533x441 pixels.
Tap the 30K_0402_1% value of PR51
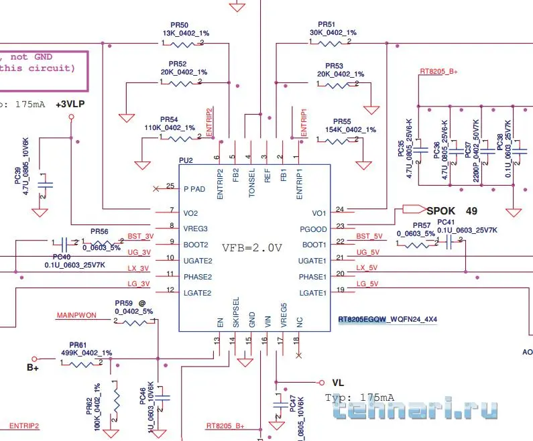333,32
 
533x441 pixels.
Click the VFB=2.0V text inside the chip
251,247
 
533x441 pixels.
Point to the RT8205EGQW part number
362,320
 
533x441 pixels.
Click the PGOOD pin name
314,229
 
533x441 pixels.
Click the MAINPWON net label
77,314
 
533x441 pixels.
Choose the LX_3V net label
139,269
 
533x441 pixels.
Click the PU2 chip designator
186,161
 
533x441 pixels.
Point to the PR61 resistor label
78,344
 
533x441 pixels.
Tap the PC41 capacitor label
446,222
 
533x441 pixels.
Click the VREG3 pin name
195,229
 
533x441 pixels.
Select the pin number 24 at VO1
341,209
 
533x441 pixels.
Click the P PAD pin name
194,188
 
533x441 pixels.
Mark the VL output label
338,383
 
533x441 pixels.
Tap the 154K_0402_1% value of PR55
349,129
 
